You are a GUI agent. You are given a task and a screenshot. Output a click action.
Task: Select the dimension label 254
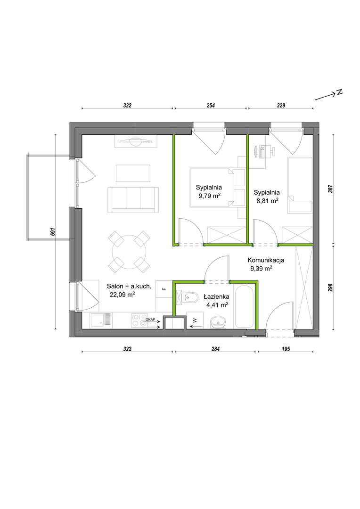coord(211,106)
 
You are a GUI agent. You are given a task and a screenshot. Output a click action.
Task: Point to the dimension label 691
coord(53,231)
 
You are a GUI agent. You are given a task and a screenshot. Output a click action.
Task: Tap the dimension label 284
coord(215,349)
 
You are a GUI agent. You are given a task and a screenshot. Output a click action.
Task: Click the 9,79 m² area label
coord(210,195)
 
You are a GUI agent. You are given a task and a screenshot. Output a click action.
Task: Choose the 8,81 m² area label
coord(268,201)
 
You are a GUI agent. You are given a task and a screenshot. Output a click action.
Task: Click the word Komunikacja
coord(266,260)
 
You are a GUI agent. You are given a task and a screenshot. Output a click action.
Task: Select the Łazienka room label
coord(217,296)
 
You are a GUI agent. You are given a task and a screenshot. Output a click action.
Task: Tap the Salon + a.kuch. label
coord(129,287)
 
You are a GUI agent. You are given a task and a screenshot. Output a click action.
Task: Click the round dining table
coord(129,252)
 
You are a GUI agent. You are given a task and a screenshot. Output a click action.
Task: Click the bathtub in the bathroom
coord(244,307)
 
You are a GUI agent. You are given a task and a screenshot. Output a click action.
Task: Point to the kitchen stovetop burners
coord(139,320)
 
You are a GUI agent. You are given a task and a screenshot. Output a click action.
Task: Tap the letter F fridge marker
coord(164,288)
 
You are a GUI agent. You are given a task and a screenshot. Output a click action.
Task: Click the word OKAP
coord(150,320)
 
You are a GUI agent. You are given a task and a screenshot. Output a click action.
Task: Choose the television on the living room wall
coord(136,141)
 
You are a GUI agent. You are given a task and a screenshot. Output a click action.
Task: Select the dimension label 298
coord(330,287)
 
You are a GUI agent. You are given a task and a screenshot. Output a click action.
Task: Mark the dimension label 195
coord(286,349)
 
